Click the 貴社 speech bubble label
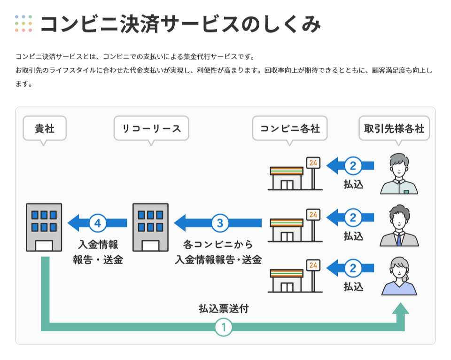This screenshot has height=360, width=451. click(45, 128)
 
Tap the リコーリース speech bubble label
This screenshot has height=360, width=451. click(151, 128)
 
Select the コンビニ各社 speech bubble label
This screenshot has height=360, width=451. click(290, 128)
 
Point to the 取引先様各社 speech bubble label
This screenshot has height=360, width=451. click(394, 128)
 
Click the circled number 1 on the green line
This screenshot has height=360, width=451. click(224, 328)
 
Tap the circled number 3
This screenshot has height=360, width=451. click(220, 223)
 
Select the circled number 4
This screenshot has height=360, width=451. click(98, 223)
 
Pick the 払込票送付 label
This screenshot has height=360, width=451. click(224, 309)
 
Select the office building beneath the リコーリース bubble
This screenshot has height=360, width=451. click(150, 227)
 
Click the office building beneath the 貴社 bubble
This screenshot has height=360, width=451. click(44, 227)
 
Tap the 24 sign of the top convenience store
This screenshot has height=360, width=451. click(313, 163)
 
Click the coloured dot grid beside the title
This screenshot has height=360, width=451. click(23, 23)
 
